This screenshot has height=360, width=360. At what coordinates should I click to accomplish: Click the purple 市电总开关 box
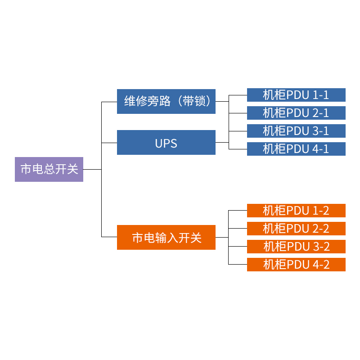pyautogui.click(x=49, y=169)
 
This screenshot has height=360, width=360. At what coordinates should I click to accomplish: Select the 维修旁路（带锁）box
pyautogui.click(x=166, y=101)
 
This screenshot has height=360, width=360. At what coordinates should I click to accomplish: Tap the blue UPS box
pyautogui.click(x=166, y=143)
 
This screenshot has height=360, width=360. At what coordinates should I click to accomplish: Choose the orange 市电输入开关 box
pyautogui.click(x=166, y=237)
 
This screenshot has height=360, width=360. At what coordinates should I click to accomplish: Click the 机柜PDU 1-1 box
pyautogui.click(x=296, y=95)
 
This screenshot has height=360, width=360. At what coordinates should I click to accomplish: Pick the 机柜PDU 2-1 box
pyautogui.click(x=296, y=113)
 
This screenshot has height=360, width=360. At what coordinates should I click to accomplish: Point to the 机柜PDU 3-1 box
pyautogui.click(x=296, y=131)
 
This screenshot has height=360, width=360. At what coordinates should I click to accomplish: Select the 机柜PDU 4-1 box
pyautogui.click(x=296, y=149)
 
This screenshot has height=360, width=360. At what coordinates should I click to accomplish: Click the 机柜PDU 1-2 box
pyautogui.click(x=296, y=211)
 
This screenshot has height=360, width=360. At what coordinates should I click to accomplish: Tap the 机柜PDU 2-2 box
pyautogui.click(x=296, y=229)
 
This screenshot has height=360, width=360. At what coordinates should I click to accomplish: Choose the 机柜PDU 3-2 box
pyautogui.click(x=296, y=247)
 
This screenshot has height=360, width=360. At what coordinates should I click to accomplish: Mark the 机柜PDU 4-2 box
pyautogui.click(x=296, y=265)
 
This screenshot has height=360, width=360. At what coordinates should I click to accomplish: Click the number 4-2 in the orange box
pyautogui.click(x=321, y=265)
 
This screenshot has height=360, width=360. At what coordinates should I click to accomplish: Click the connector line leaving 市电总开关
pyautogui.click(x=92, y=169)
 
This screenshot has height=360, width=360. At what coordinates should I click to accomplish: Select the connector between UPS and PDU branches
pyautogui.click(x=222, y=142)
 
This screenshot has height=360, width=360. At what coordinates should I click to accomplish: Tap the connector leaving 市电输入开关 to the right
pyautogui.click(x=222, y=237)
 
